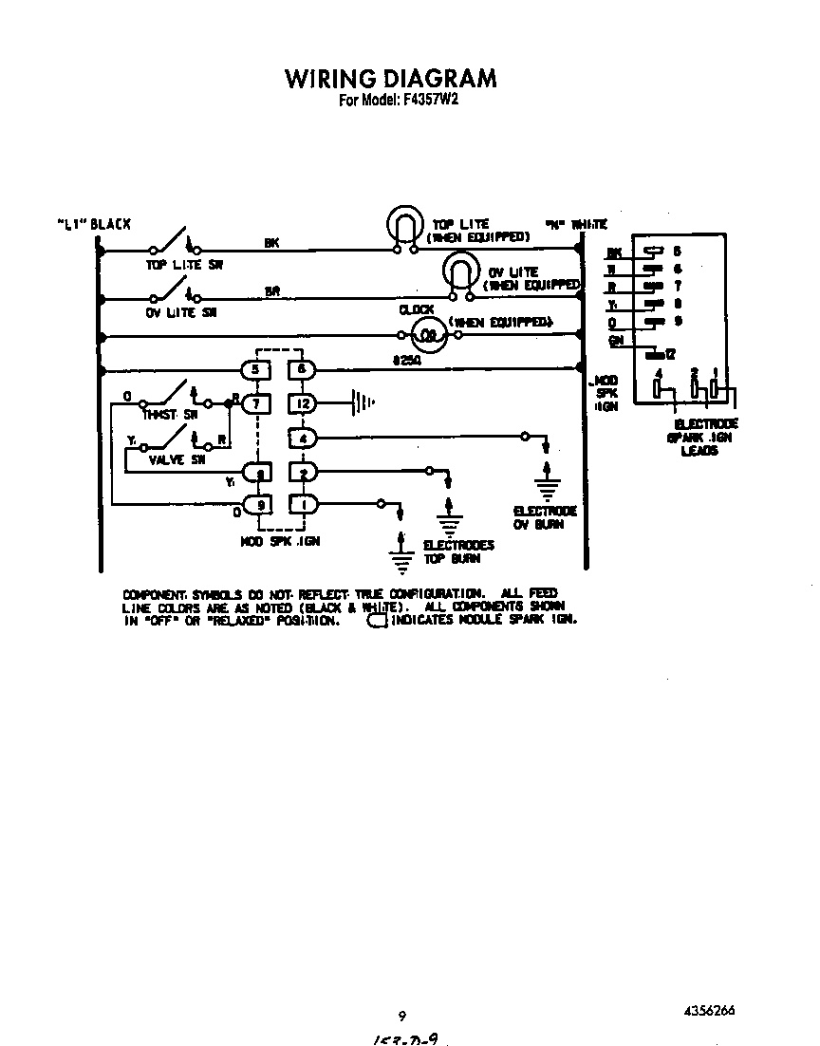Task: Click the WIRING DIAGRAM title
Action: [390, 77]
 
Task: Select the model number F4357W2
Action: [399, 101]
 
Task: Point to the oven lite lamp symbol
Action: [460, 271]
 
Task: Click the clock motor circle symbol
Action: [428, 334]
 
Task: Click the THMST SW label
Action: [170, 415]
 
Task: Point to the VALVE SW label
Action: [177, 459]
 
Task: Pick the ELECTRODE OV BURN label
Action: [545, 517]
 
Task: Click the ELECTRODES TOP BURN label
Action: [458, 551]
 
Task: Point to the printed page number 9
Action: [402, 1015]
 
